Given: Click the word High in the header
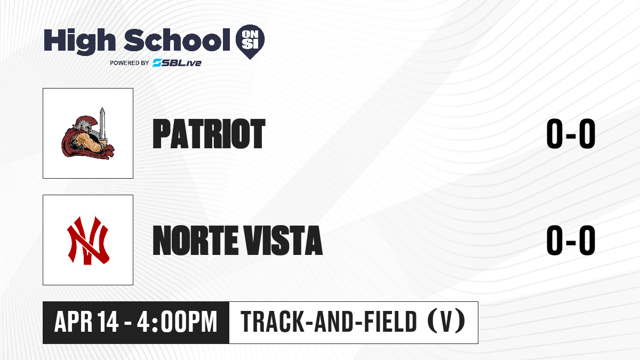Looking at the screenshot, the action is click(79, 41).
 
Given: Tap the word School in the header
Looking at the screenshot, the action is click(177, 39).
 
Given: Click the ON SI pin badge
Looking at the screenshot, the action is click(250, 42).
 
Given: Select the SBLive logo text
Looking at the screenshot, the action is click(177, 62).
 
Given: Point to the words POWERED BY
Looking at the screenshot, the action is click(130, 63).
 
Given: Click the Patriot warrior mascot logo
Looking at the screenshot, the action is click(88, 133).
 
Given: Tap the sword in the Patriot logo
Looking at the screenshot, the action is click(102, 125).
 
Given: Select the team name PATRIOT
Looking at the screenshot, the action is click(209, 134).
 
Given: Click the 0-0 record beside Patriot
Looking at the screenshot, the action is click(571, 134).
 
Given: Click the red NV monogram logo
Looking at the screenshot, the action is click(88, 241).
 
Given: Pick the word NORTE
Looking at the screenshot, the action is click(195, 241).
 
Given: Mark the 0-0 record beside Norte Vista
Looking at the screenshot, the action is click(571, 241).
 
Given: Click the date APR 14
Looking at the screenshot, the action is click(86, 322).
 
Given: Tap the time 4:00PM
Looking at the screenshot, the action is click(177, 322).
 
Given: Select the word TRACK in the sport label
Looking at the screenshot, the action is click(272, 322).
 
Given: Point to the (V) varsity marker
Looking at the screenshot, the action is click(446, 322).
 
